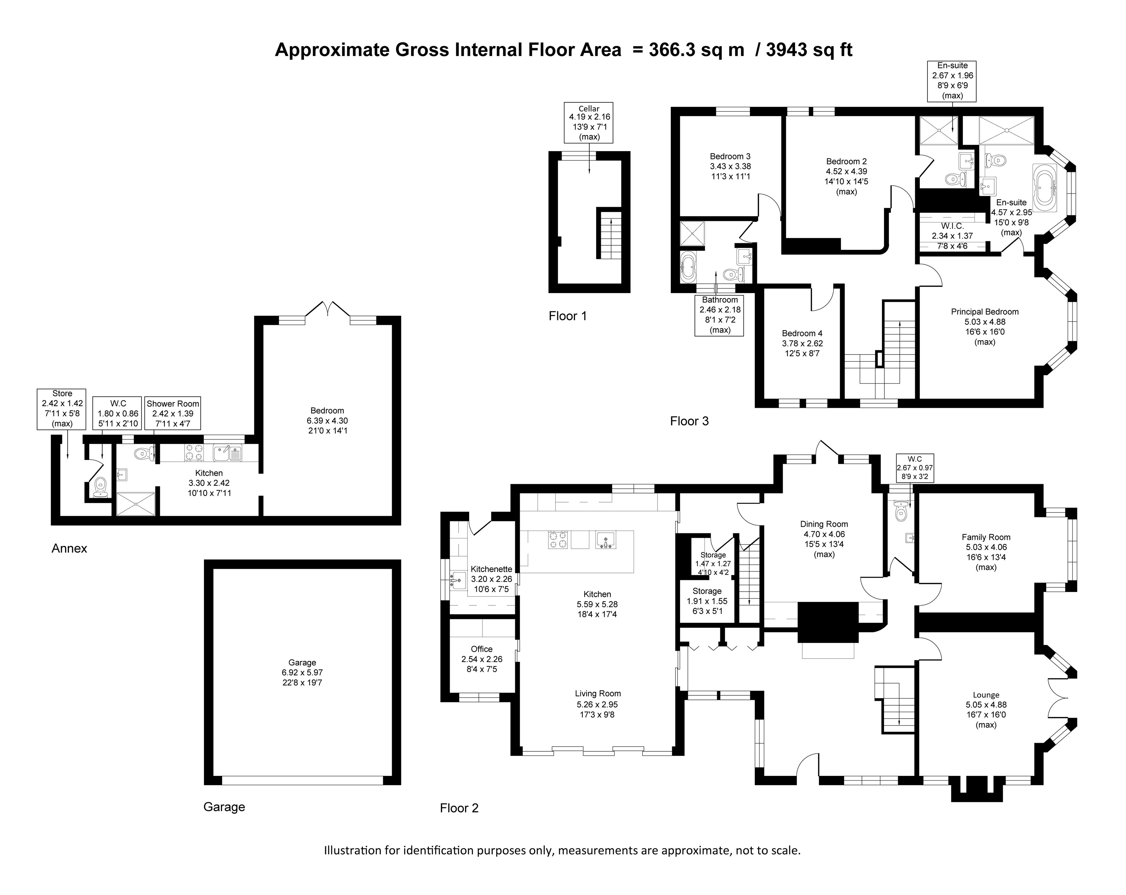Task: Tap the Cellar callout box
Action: [589, 123]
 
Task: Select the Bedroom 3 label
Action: [730, 156]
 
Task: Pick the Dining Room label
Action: [824, 524]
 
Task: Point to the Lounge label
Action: [986, 695]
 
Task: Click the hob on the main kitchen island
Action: [558, 539]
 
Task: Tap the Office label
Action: [481, 649]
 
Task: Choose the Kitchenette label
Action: [491, 569]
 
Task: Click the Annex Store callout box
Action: [62, 409]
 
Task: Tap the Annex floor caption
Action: [70, 548]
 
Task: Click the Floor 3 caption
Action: [689, 421]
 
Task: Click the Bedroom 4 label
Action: [802, 333]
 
